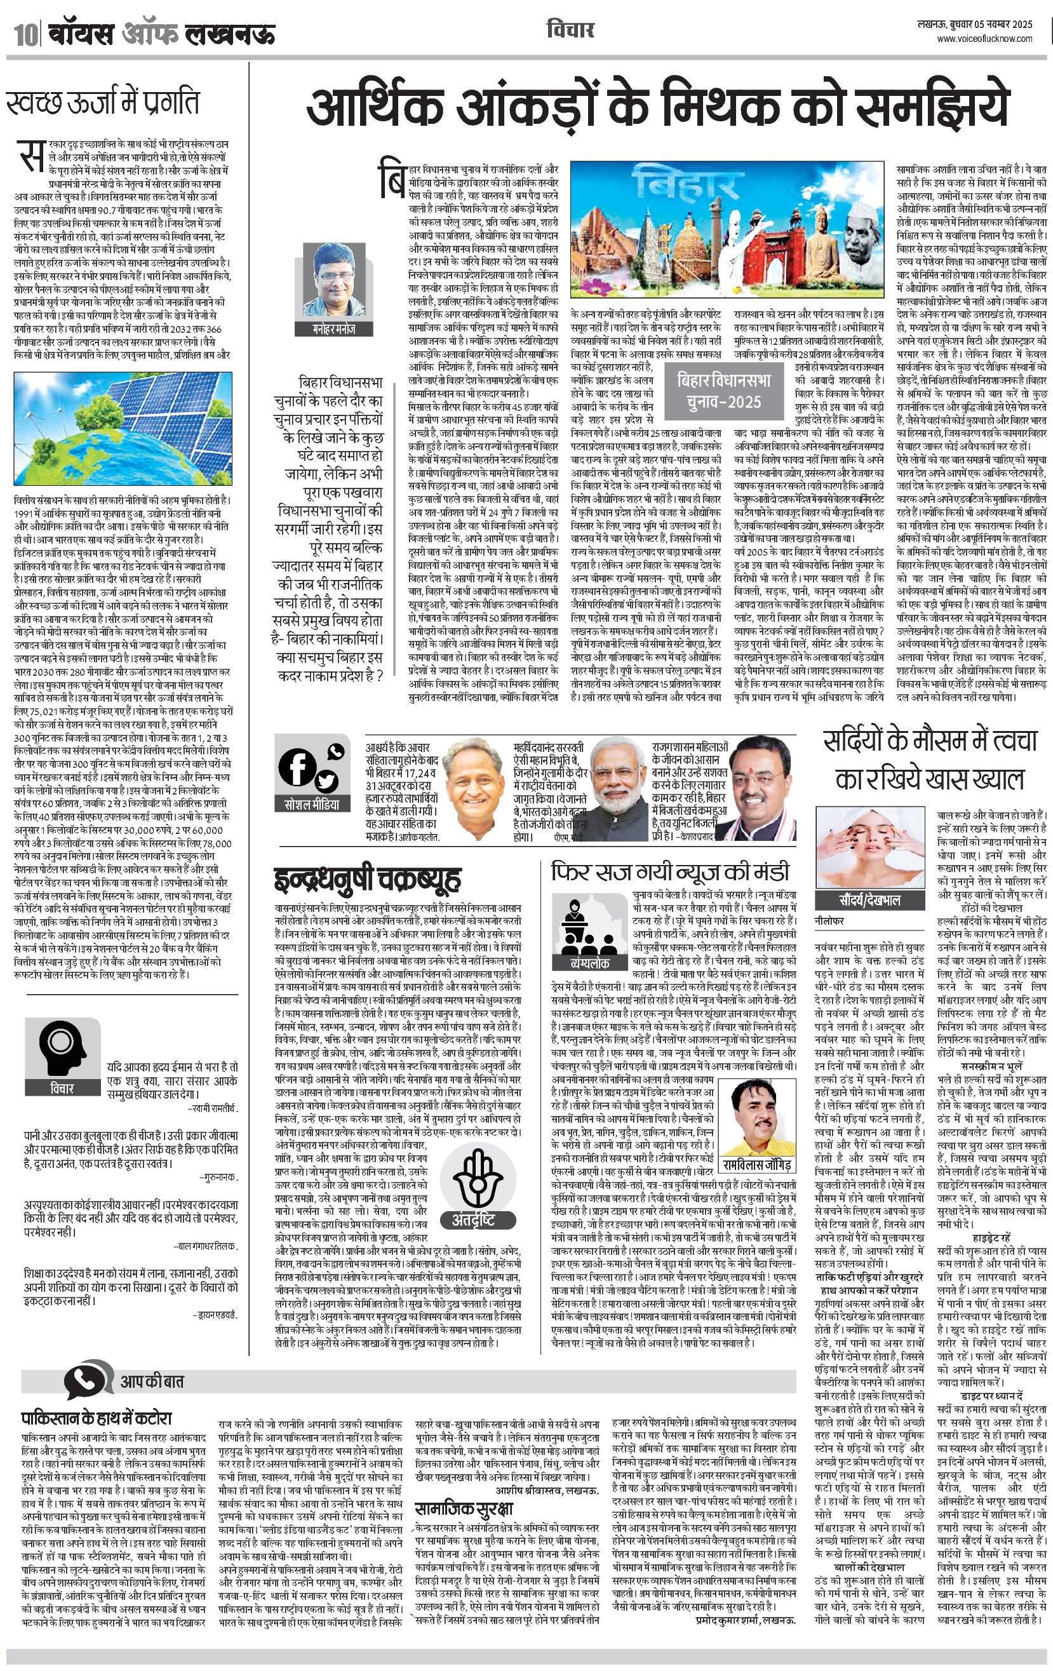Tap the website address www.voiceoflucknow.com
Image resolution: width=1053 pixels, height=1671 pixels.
coord(984,39)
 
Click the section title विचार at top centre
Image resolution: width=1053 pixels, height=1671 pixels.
coord(570,30)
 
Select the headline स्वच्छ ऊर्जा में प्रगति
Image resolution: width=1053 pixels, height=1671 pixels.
coord(103,103)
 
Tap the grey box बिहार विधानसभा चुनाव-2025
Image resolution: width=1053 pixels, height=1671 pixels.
coord(724,391)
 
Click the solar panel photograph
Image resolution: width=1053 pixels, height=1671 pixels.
coord(123,428)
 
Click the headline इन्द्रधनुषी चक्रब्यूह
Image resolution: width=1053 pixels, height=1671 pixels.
coord(367,879)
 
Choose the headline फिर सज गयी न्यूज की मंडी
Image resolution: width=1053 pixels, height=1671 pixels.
coord(670,871)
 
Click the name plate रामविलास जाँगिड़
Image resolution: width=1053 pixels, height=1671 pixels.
coord(756,1164)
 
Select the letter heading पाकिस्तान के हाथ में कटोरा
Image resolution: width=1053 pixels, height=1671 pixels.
coord(96,1418)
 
